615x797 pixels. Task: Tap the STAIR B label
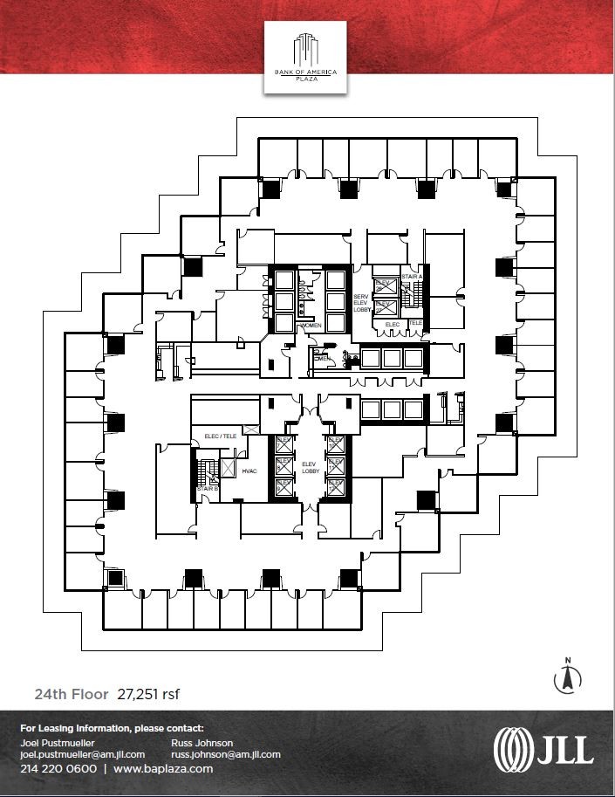(x=207, y=489)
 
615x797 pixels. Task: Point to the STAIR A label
(x=412, y=278)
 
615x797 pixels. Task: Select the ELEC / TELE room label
(x=221, y=435)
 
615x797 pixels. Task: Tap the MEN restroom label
(x=320, y=358)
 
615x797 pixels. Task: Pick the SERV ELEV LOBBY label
(x=361, y=303)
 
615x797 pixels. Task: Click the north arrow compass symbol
(x=567, y=677)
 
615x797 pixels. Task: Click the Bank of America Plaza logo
(x=306, y=56)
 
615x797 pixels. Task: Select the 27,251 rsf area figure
(x=147, y=695)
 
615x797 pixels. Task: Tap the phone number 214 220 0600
(x=58, y=769)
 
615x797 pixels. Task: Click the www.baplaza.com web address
(x=163, y=769)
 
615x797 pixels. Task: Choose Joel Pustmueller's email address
(x=82, y=754)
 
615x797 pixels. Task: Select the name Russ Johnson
(x=202, y=742)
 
